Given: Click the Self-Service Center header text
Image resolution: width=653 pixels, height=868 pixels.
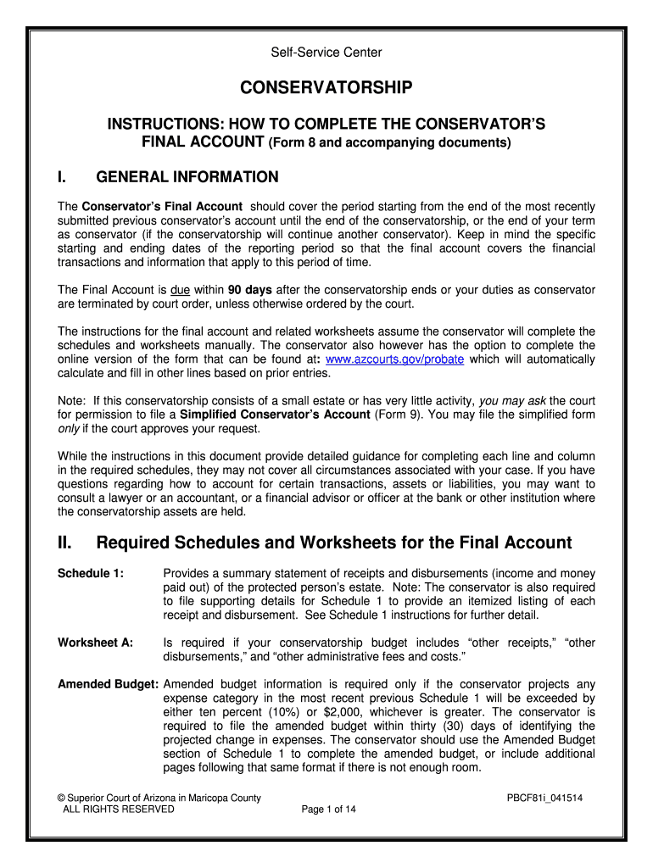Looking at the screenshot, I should (326, 53).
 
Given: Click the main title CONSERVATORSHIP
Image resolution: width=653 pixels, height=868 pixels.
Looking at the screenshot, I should (326, 88).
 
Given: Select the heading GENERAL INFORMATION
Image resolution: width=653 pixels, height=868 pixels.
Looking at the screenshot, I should (187, 177).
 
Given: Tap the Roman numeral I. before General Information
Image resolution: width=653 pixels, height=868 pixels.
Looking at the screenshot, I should (62, 177).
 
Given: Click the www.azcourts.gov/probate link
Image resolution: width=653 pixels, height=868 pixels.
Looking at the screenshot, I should (394, 359).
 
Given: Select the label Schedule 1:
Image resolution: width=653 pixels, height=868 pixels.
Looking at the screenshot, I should (91, 574).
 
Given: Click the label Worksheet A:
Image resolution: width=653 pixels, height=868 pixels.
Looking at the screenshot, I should (95, 643).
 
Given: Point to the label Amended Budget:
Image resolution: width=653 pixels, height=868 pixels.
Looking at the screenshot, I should (108, 684).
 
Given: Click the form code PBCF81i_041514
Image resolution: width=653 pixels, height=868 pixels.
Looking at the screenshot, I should (544, 798).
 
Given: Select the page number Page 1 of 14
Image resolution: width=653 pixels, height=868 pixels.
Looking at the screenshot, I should (328, 810).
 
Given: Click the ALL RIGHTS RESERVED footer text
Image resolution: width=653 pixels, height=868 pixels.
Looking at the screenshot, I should (119, 810).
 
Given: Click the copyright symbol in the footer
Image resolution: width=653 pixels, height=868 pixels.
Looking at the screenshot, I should (61, 798).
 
